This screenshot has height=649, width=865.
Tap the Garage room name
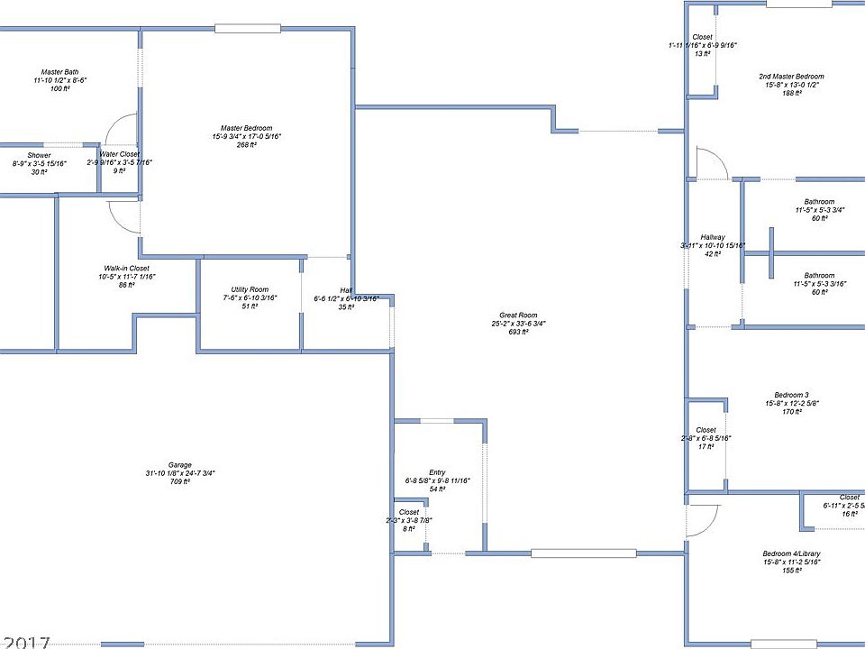180,465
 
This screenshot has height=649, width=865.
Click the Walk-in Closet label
125,268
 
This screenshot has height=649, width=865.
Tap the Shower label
39,155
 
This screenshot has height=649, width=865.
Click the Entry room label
437,472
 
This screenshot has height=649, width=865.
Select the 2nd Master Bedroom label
791,77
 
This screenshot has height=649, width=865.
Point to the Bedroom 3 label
792,394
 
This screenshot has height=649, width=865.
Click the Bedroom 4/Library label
791,553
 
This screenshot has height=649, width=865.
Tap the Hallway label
713,237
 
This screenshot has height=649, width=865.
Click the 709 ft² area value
180,482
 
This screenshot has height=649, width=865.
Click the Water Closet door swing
121,130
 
